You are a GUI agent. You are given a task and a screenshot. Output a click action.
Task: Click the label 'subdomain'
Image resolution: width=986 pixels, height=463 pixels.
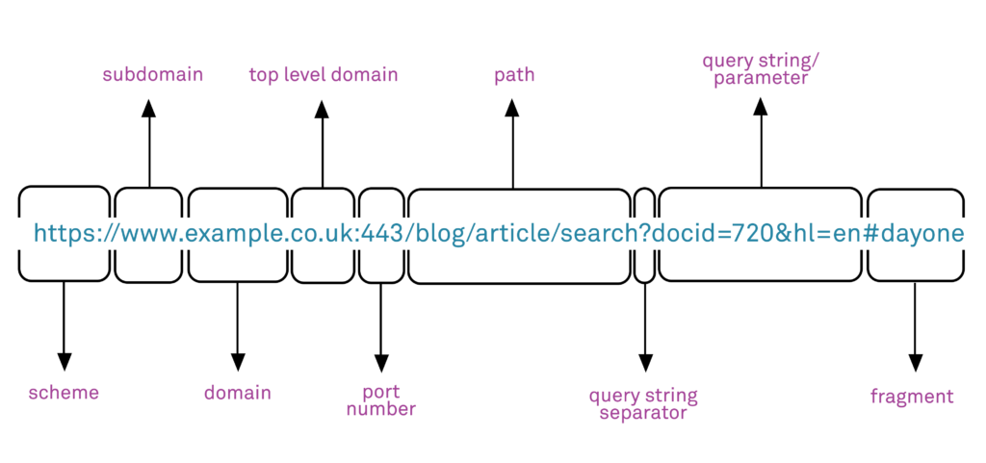(x=152, y=74)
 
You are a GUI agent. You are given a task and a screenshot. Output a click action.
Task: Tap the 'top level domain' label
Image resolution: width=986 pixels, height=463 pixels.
(x=323, y=74)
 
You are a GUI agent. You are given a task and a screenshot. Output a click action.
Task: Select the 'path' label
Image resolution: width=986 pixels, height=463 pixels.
(x=513, y=74)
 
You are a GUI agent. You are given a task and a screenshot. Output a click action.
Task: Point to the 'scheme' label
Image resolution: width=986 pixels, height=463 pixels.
(x=64, y=393)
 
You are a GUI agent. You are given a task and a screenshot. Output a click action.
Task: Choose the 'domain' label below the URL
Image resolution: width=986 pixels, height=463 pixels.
(x=237, y=393)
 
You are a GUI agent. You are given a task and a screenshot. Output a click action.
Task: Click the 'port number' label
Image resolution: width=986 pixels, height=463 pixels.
(x=381, y=400)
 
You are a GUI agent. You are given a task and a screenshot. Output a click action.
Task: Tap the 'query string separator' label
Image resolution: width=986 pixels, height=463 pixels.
(x=643, y=404)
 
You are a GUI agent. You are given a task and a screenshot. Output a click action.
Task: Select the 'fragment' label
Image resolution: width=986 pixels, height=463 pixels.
(x=912, y=397)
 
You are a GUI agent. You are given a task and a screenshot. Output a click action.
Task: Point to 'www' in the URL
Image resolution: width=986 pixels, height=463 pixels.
(x=148, y=234)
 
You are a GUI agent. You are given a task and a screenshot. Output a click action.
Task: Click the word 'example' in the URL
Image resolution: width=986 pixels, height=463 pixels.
(x=237, y=234)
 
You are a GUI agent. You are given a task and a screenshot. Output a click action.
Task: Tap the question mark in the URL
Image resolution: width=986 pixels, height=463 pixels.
(x=644, y=234)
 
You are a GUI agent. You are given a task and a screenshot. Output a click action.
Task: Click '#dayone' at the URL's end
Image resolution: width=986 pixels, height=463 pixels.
(x=915, y=234)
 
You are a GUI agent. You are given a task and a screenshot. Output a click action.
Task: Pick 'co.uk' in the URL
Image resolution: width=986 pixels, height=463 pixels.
(x=323, y=234)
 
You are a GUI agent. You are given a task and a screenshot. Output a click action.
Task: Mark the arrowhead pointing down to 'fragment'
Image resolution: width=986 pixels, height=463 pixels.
(x=915, y=362)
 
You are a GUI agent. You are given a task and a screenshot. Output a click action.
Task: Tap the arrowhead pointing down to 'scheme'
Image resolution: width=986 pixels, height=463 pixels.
(x=64, y=362)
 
